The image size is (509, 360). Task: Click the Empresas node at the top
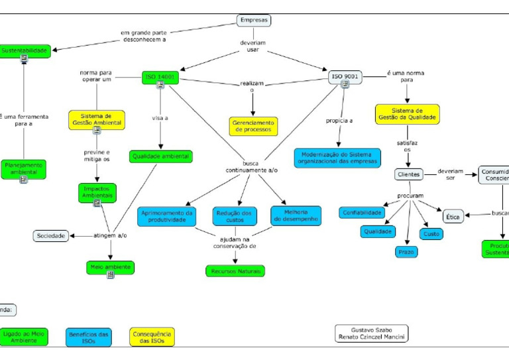(x=254, y=21)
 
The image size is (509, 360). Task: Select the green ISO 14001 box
(x=160, y=77)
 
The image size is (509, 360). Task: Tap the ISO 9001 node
(x=345, y=77)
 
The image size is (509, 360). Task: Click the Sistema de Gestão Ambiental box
(x=96, y=119)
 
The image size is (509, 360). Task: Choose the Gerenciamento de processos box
(x=254, y=125)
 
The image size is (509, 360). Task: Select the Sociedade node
(x=52, y=235)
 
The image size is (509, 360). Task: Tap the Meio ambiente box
(x=110, y=267)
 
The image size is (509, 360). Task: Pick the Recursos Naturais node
(x=235, y=270)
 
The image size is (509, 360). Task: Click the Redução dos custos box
(x=235, y=216)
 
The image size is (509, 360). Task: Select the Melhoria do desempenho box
(x=296, y=215)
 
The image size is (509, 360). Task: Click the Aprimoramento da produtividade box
(x=167, y=216)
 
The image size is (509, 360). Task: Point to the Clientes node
(x=408, y=174)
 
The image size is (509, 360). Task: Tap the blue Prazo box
(x=406, y=251)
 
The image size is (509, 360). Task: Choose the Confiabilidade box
(x=361, y=213)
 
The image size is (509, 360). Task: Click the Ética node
(x=453, y=216)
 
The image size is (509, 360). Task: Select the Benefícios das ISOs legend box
(x=89, y=337)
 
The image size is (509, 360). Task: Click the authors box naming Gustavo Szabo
(x=371, y=333)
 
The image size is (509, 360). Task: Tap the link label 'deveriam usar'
(x=253, y=46)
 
